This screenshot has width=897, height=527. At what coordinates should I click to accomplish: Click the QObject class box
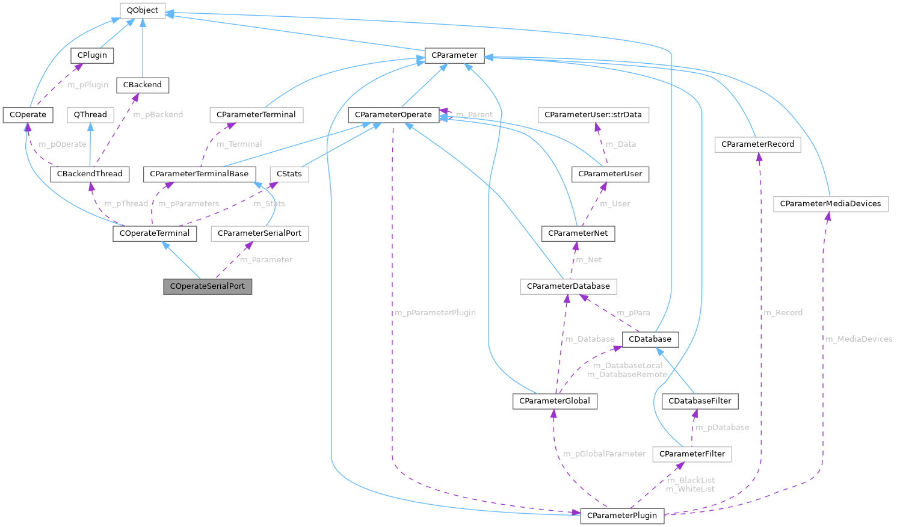coord(143,10)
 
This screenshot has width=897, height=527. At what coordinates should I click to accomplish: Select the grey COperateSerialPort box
coord(208,286)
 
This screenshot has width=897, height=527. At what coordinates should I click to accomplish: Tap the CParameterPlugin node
coord(622,516)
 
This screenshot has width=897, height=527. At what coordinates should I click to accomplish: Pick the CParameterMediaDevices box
coord(830,204)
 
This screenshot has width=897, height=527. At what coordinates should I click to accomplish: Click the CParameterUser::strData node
coord(593,114)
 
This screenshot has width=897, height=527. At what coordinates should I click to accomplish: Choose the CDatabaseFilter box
coord(700,401)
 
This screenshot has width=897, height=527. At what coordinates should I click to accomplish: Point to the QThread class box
coord(90,114)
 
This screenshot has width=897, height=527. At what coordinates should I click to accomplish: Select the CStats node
coord(289,174)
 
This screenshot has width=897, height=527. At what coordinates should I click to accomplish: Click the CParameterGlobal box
coord(555,401)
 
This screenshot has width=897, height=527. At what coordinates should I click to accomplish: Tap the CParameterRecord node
coord(757,144)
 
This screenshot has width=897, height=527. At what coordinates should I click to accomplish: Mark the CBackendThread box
coord(90,174)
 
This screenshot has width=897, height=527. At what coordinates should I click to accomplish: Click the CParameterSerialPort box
coord(259,233)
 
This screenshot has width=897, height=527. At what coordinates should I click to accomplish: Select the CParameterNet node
coord(578,233)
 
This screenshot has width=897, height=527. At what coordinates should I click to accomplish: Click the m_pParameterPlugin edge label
coord(435,313)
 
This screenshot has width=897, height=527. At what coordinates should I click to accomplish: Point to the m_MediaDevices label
coord(858,339)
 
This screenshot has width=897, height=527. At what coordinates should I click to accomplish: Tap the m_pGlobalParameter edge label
coord(604,454)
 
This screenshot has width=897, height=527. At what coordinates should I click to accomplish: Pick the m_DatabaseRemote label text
coord(627,375)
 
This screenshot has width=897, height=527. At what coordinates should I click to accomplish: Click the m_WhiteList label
coord(690,489)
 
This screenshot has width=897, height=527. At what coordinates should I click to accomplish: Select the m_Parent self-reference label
coord(474,114)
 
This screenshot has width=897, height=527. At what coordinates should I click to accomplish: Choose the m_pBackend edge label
coord(158,114)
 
